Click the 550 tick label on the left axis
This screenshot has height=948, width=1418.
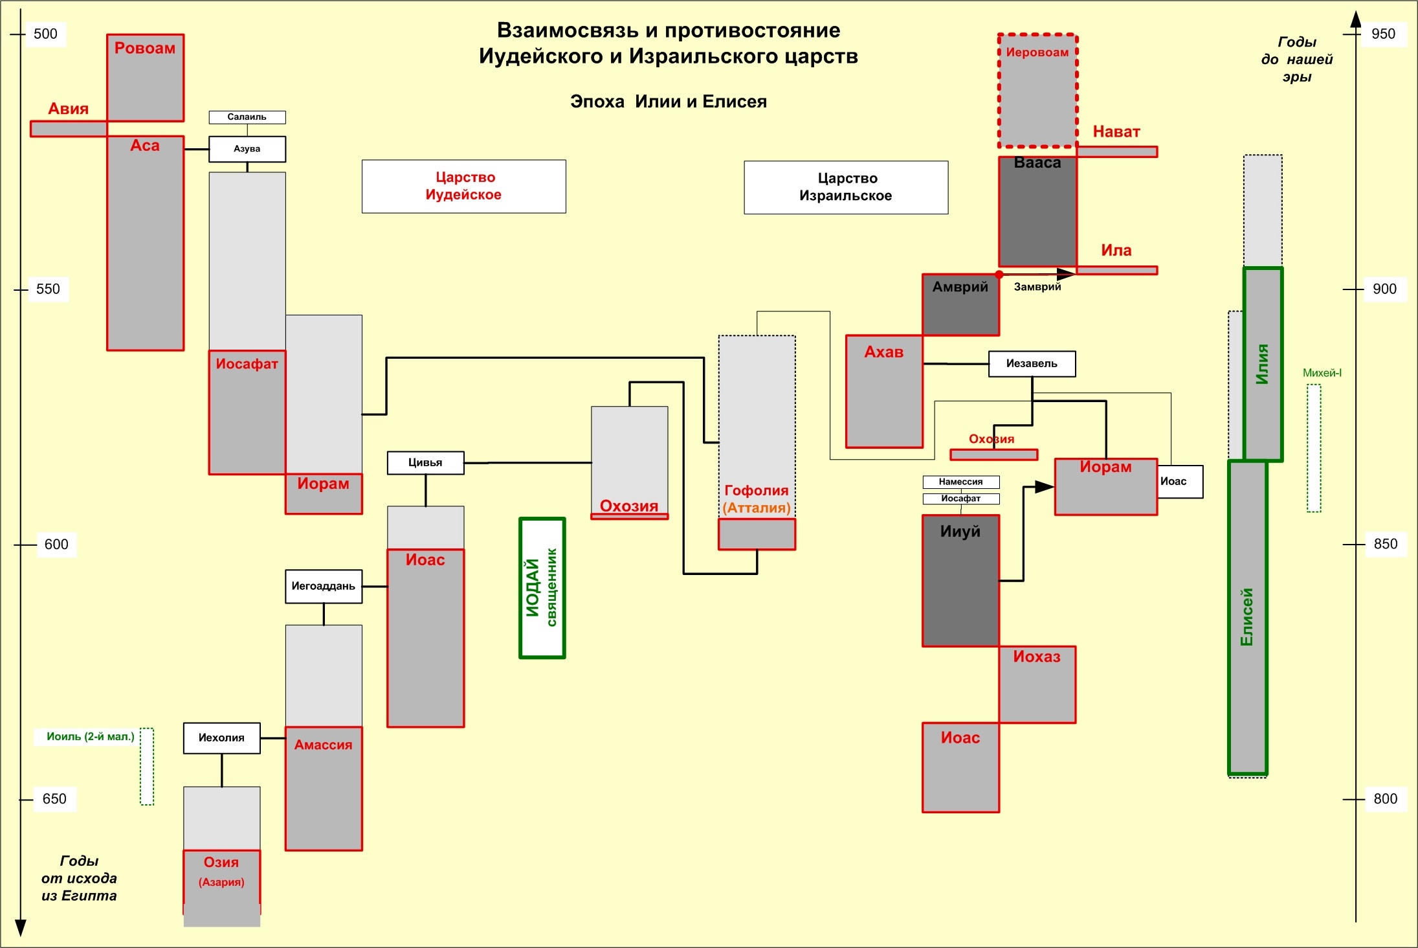(x=48, y=289)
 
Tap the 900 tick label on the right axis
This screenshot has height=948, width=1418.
(x=1384, y=289)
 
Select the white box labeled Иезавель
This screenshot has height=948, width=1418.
(x=1032, y=363)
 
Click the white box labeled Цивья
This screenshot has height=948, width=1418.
(x=425, y=462)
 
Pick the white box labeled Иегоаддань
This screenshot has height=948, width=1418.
(x=324, y=586)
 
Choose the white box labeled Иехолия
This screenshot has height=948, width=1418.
(x=221, y=738)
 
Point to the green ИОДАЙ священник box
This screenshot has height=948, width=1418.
(x=542, y=587)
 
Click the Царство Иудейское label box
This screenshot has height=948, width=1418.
(x=463, y=186)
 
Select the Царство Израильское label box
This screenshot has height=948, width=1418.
(x=846, y=187)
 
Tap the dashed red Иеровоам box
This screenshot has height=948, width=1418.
(x=1037, y=91)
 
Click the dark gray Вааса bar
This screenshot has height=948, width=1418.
(x=1037, y=214)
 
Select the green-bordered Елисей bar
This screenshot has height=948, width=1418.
(x=1247, y=616)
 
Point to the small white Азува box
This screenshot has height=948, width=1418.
(x=247, y=149)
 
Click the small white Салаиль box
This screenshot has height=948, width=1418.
(x=247, y=117)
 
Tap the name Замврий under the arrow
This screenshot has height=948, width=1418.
(x=1037, y=287)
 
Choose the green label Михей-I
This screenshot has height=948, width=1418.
(x=1322, y=373)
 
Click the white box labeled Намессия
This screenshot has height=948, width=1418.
(x=960, y=482)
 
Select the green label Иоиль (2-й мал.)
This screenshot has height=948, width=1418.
(x=90, y=736)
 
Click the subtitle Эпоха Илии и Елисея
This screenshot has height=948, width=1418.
(x=668, y=102)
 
